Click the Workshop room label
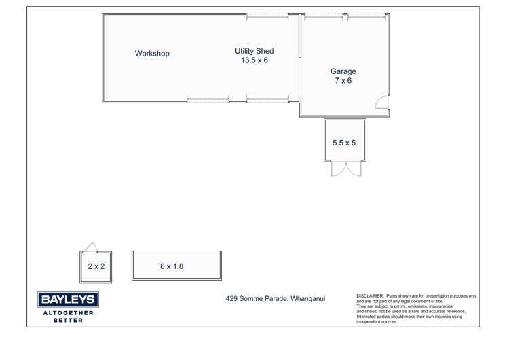[x=152, y=53]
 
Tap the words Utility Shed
[x=254, y=51]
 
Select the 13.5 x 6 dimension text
[x=254, y=60]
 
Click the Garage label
[x=343, y=71]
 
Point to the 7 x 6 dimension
[x=343, y=80]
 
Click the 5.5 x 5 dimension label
[x=344, y=143]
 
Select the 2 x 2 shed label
[x=96, y=266]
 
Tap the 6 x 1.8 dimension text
[x=172, y=266]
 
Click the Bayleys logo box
[x=68, y=300]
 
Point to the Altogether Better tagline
[x=68, y=317]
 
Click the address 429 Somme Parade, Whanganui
[x=276, y=298]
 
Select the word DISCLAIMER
[x=370, y=296]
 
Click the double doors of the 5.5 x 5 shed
[x=346, y=168]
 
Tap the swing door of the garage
[x=381, y=102]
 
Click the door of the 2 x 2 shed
[x=90, y=247]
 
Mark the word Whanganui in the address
[x=307, y=298]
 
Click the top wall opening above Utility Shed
[x=267, y=16]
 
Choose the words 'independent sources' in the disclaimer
[x=377, y=322]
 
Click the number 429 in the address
[x=231, y=298]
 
